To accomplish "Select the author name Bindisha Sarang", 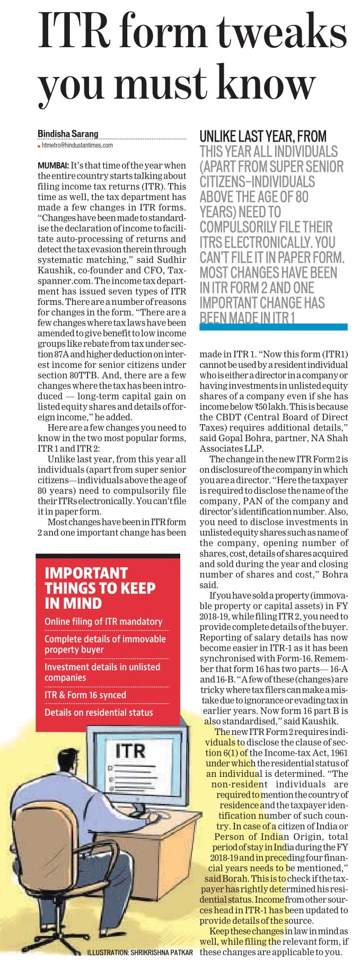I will tap(68, 134).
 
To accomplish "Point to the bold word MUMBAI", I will tap(52, 165).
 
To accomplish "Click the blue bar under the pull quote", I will tap(273, 327).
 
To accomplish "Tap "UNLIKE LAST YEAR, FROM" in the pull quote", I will tap(263, 136).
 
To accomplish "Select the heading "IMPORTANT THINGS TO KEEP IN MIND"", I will tap(100, 588).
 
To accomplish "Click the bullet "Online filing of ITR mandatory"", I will tap(103, 621).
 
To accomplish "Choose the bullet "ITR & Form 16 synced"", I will tap(85, 695).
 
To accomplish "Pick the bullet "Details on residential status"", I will tap(99, 712).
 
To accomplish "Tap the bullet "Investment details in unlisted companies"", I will tap(102, 672).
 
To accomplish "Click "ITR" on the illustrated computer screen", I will tap(130, 751).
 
